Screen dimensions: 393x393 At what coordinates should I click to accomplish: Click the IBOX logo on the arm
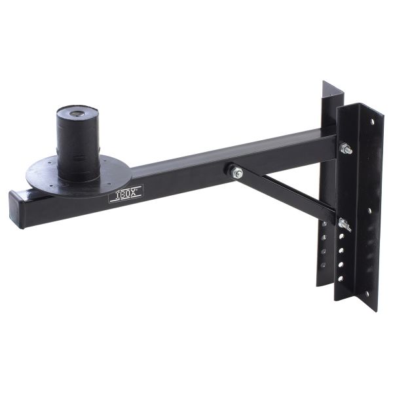tap(125, 194)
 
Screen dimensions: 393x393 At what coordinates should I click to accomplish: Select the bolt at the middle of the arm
tap(236, 172)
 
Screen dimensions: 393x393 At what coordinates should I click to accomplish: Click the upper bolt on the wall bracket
tap(345, 149)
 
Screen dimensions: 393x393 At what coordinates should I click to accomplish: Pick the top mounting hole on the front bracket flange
tap(371, 121)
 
